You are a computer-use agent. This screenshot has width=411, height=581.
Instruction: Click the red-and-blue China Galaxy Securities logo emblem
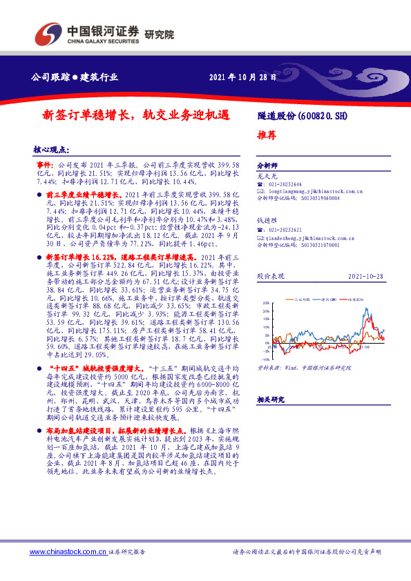click(x=49, y=33)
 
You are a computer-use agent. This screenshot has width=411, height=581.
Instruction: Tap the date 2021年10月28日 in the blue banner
click(x=242, y=77)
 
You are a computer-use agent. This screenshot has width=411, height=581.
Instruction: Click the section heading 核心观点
click(x=51, y=150)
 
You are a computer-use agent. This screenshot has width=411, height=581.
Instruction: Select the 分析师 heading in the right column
click(x=267, y=166)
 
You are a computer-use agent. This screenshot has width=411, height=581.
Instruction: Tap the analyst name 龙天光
click(x=266, y=177)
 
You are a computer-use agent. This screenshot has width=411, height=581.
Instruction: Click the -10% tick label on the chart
click(x=267, y=359)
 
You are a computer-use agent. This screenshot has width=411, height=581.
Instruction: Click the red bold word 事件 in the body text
click(x=44, y=166)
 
